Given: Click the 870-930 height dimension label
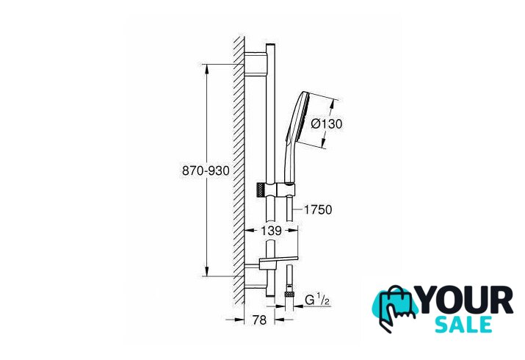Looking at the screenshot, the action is click(206, 170).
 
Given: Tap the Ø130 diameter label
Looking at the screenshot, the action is click(327, 124).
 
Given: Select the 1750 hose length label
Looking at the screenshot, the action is click(317, 209).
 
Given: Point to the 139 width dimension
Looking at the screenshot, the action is click(271, 231).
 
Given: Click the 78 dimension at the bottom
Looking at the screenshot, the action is click(259, 320).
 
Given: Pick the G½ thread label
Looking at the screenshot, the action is click(316, 299).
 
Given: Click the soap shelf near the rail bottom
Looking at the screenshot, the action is click(278, 259).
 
